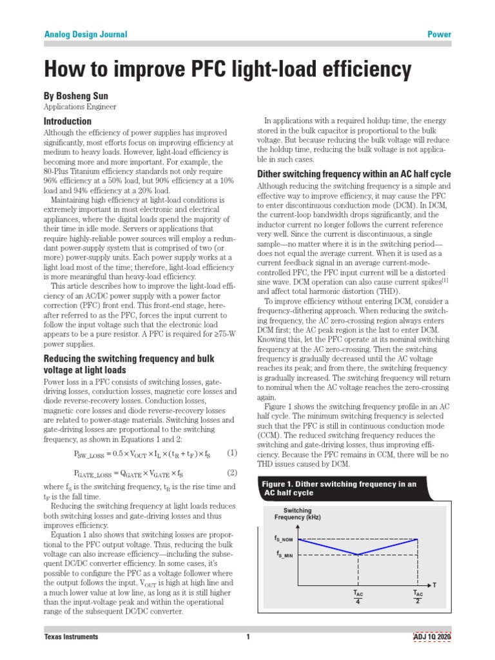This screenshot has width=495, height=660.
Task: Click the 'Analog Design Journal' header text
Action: coord(85,34)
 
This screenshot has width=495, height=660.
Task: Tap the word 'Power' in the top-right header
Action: coord(440,34)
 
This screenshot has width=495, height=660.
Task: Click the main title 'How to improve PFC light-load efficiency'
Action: coord(227,70)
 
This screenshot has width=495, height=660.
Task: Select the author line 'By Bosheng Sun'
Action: coord(75,95)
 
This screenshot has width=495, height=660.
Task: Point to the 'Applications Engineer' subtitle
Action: coord(80,107)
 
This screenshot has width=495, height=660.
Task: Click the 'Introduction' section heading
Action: coord(67,121)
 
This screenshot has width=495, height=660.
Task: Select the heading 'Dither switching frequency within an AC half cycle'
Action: coord(354,174)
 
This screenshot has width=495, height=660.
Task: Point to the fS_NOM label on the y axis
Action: coord(284,538)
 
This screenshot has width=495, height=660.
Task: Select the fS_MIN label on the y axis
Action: coord(285,554)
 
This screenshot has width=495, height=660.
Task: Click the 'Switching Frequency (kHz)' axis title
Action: coord(297,514)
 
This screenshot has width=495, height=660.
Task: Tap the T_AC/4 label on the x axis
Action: coord(358,597)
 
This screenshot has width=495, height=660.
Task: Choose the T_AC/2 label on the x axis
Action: coord(418,597)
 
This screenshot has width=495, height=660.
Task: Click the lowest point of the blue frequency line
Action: coord(358,554)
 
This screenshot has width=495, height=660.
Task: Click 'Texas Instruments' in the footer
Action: coord(71,637)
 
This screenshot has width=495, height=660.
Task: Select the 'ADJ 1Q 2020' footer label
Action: coord(432,637)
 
